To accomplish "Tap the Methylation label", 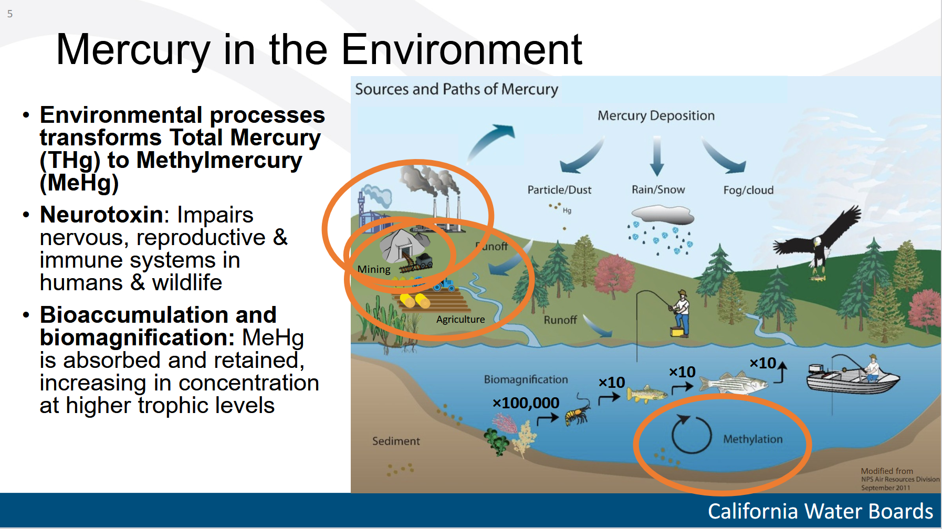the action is tap(752, 439).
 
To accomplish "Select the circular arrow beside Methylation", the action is tap(692, 434).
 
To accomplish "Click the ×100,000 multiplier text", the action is tap(526, 403).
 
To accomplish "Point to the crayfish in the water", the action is tap(578, 410).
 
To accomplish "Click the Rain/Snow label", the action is tap(658, 189).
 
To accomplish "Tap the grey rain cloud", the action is tap(663, 215).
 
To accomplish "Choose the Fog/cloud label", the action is tap(748, 190).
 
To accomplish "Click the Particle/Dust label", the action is tap(559, 189).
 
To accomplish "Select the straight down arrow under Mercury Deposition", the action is tap(656, 156).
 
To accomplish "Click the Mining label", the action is tap(374, 269).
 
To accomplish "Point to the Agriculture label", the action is tap(460, 319).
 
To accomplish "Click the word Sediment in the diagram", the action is tap(396, 441).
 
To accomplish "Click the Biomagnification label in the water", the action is tap(526, 379).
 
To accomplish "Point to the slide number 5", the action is tap(10, 14).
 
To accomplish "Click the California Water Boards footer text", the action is tap(820, 511).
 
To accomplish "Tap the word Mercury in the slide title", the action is tap(133, 50).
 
